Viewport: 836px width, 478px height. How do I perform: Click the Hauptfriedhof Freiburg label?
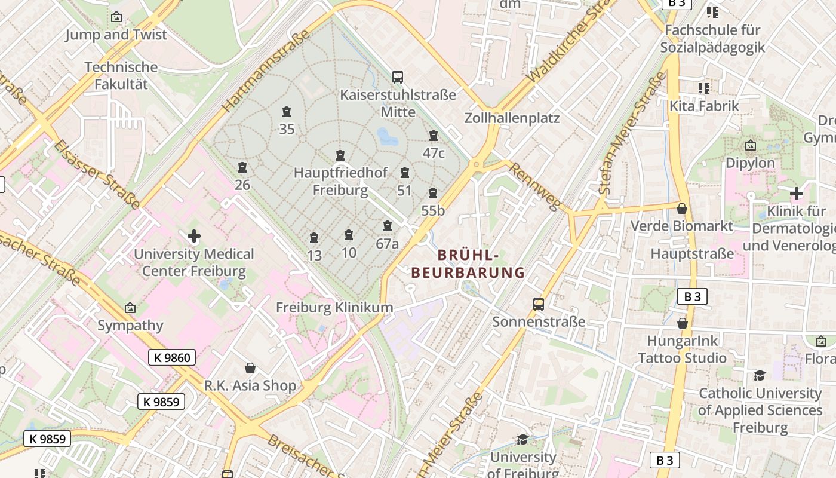(340, 181)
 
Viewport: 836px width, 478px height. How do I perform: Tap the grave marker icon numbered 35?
(287, 112)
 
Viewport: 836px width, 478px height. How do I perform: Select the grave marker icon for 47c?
(434, 136)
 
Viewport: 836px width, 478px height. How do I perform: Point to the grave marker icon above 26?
(242, 167)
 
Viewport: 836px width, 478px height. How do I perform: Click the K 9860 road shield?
(172, 358)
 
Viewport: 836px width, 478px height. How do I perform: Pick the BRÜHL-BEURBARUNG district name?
(468, 263)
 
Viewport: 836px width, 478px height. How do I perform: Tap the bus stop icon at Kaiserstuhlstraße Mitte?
(398, 76)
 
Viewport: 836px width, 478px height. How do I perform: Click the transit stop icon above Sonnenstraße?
(539, 304)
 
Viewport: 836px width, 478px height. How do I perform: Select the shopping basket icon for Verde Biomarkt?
(682, 209)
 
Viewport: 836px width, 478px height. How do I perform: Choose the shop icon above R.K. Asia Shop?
(250, 368)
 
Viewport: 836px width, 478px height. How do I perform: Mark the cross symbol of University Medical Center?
(193, 236)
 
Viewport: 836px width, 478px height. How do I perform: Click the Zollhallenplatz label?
(512, 118)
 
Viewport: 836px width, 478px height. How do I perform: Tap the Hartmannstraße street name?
(266, 71)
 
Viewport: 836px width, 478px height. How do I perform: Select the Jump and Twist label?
(116, 35)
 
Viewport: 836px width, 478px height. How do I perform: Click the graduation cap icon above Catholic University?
(760, 375)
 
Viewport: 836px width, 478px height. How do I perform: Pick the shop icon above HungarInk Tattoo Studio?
(683, 323)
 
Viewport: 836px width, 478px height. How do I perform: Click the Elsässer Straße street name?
(96, 174)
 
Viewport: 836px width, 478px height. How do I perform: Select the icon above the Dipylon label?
(751, 145)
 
